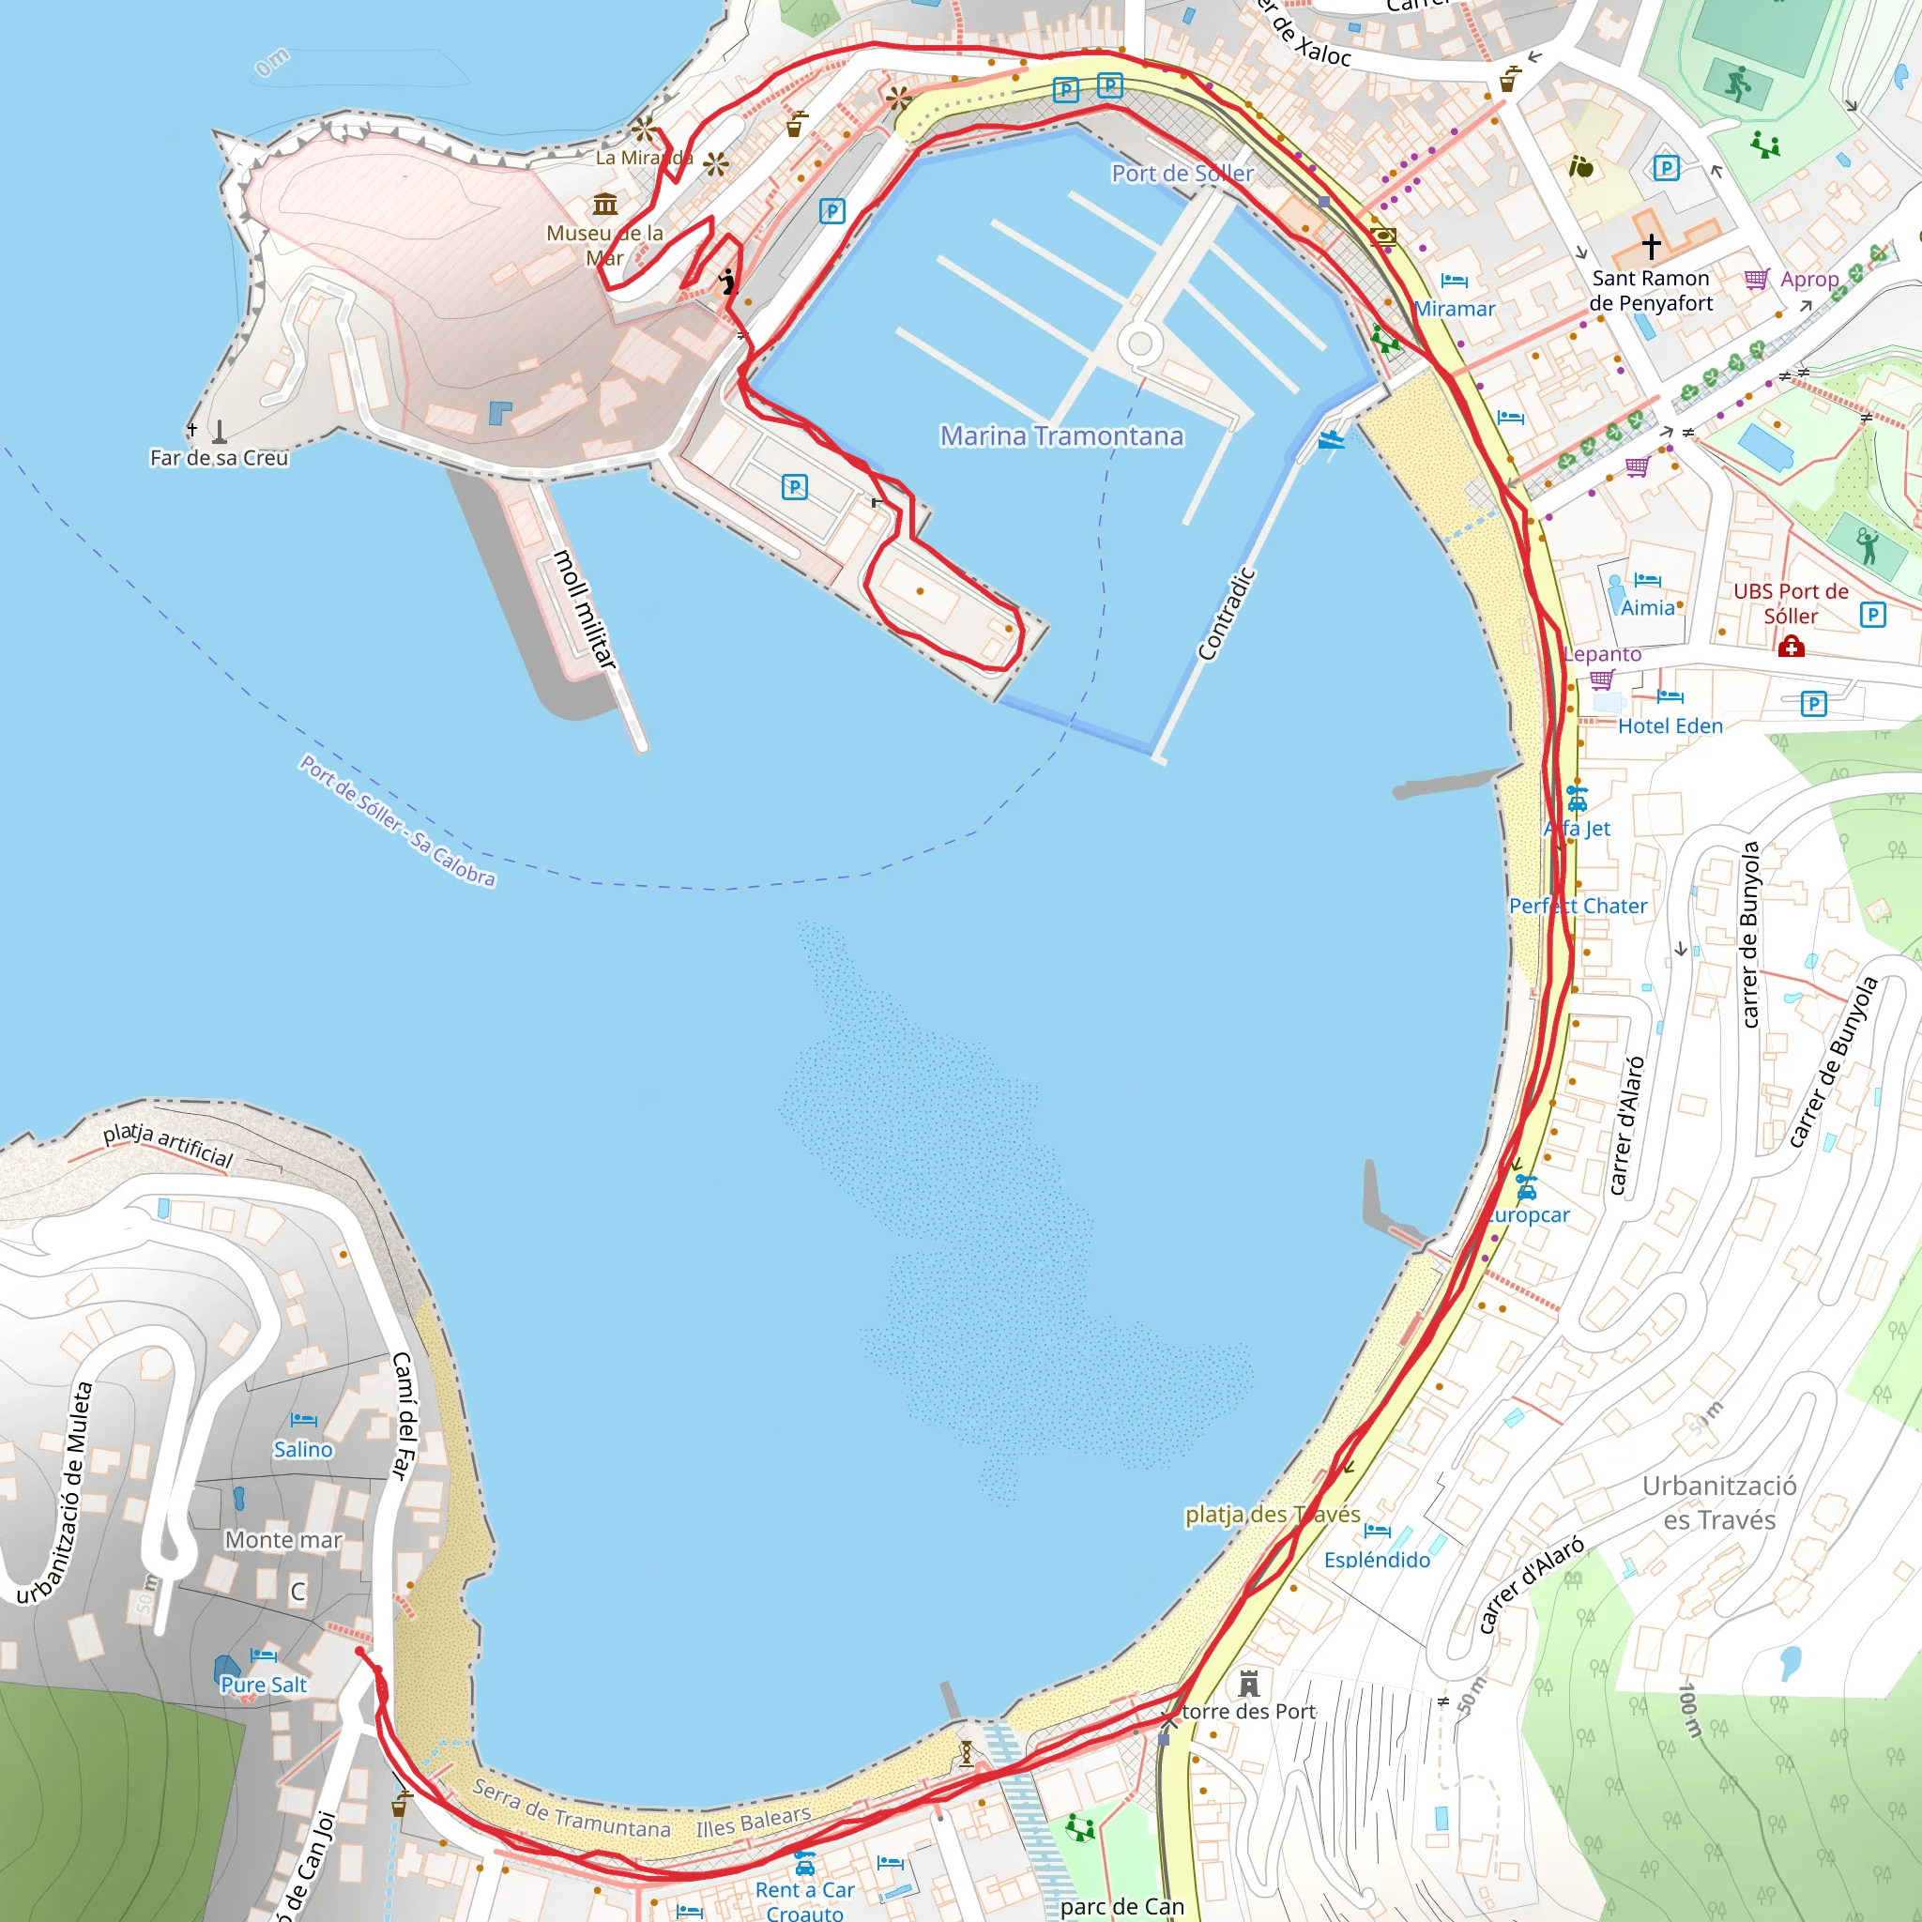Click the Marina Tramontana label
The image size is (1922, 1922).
tap(1061, 435)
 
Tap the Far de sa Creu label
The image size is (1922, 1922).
tap(219, 458)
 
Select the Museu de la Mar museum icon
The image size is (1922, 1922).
tap(605, 205)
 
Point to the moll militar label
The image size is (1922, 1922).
tap(585, 609)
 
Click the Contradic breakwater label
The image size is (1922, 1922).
tap(1226, 614)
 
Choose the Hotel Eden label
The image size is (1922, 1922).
tap(1670, 726)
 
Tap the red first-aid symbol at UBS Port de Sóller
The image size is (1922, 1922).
tap(1791, 648)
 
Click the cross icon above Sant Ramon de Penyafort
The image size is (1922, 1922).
tap(1652, 245)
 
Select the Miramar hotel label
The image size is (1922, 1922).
tap(1455, 310)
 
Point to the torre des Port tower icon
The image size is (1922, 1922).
tap(1249, 1684)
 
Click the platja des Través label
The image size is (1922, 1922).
tap(1273, 1514)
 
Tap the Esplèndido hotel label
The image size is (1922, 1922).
tap(1377, 1560)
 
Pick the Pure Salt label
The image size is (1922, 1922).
tap(264, 1685)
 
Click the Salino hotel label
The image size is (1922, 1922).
tap(303, 1449)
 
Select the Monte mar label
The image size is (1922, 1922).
tap(283, 1540)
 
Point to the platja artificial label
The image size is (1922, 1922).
tap(168, 1144)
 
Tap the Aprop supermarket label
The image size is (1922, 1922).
tap(1809, 280)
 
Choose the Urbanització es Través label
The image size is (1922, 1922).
tap(1719, 1503)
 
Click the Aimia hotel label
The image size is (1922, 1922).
tap(1648, 608)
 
